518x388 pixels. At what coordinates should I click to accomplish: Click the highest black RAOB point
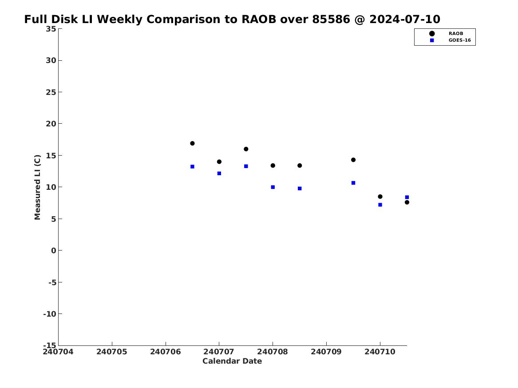point(192,143)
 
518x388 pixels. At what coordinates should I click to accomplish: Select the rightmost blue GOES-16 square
point(407,197)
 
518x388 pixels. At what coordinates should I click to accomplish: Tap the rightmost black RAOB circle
point(407,202)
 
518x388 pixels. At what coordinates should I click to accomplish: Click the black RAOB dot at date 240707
point(219,162)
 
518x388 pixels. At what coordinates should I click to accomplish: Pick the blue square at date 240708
point(273,187)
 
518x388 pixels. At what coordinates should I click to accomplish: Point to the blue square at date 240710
point(380,204)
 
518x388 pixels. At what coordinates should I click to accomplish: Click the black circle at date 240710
point(380,196)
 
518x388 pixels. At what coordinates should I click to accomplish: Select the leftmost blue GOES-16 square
point(192,167)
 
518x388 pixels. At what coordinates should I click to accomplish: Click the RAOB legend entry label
point(455,33)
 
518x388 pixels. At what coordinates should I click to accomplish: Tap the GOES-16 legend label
point(459,40)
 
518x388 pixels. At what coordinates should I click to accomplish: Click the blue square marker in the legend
point(432,40)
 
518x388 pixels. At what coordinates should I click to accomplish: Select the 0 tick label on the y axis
point(54,251)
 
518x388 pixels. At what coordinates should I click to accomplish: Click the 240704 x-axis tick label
point(58,352)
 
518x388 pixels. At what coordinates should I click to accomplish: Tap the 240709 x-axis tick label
point(326,352)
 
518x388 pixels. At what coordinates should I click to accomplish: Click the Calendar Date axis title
point(232,361)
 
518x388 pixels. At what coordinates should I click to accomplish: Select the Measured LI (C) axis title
point(37,187)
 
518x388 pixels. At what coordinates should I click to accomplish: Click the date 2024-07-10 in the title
point(405,19)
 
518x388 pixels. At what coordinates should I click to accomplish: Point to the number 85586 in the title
point(331,19)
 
